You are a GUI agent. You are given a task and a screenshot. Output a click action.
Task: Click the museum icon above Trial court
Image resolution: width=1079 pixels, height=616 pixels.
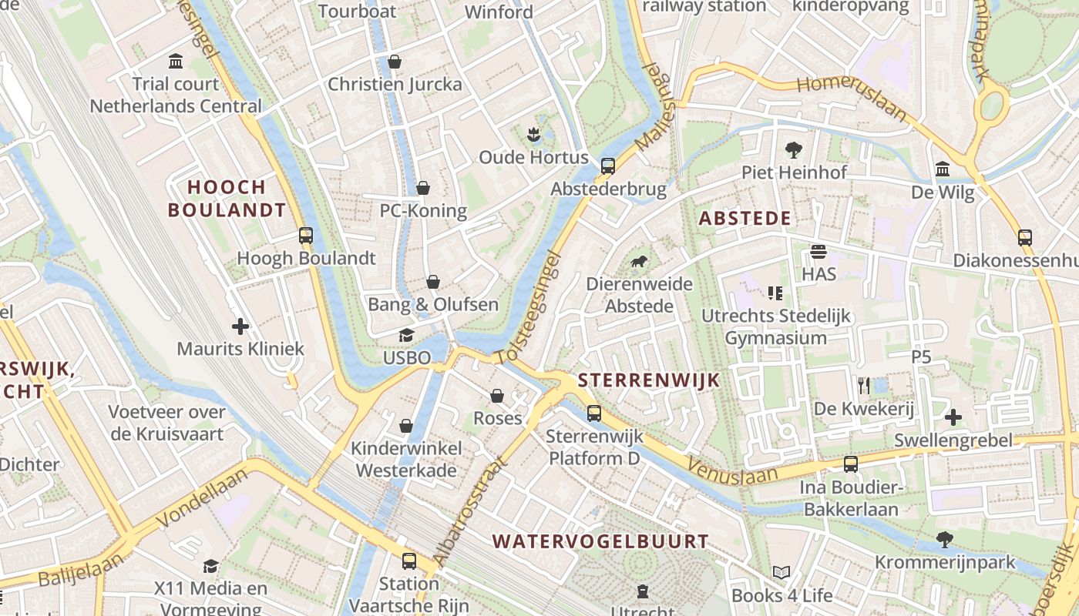click(176, 61)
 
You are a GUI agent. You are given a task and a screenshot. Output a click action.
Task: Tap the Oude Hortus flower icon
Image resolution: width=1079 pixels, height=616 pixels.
click(533, 136)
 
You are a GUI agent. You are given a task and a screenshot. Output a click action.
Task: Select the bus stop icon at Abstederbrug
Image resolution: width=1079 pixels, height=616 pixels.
click(608, 166)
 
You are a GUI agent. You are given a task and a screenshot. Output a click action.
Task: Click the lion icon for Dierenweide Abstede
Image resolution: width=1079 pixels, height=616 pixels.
click(639, 263)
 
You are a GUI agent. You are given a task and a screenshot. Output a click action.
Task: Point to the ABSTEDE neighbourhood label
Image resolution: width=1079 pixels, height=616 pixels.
click(745, 219)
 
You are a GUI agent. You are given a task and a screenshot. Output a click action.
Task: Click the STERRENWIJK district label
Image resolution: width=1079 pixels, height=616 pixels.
click(648, 380)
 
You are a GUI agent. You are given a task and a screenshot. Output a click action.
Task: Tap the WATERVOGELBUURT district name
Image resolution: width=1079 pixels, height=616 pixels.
click(600, 541)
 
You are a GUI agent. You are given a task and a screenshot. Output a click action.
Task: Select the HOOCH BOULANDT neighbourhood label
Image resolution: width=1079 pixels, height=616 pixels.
click(227, 199)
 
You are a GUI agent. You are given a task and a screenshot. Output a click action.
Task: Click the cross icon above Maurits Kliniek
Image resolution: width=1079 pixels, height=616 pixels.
click(240, 326)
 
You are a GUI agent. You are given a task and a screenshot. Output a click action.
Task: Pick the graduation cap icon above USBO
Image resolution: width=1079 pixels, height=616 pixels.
click(406, 336)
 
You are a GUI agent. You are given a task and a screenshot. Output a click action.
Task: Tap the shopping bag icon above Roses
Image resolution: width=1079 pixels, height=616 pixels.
click(497, 396)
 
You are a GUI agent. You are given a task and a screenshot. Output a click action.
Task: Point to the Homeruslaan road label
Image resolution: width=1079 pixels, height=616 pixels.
click(852, 96)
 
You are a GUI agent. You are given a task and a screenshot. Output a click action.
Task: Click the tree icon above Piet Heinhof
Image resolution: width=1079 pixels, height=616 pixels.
click(794, 150)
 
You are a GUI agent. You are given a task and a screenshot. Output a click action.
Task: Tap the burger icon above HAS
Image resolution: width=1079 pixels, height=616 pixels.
click(818, 252)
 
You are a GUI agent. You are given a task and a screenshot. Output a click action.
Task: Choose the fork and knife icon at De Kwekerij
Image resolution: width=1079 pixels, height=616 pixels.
click(863, 385)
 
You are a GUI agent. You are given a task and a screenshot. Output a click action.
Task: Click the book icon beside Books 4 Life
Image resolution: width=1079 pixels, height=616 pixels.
click(782, 573)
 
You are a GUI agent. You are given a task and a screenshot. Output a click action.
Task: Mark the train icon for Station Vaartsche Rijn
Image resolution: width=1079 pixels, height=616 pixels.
click(408, 561)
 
